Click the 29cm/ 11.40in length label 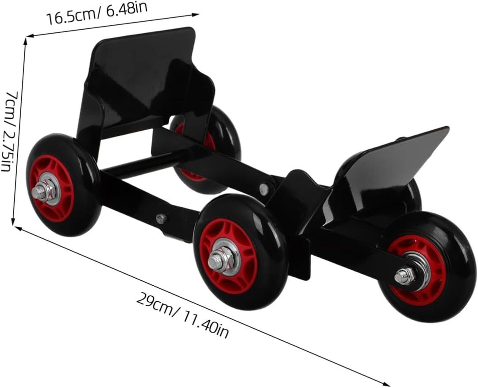(x=182, y=315)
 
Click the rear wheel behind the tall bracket (x=224, y=133)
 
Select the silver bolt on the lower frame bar (x=161, y=218)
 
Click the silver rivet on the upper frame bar (x=264, y=188)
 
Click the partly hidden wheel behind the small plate (x=412, y=195)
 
